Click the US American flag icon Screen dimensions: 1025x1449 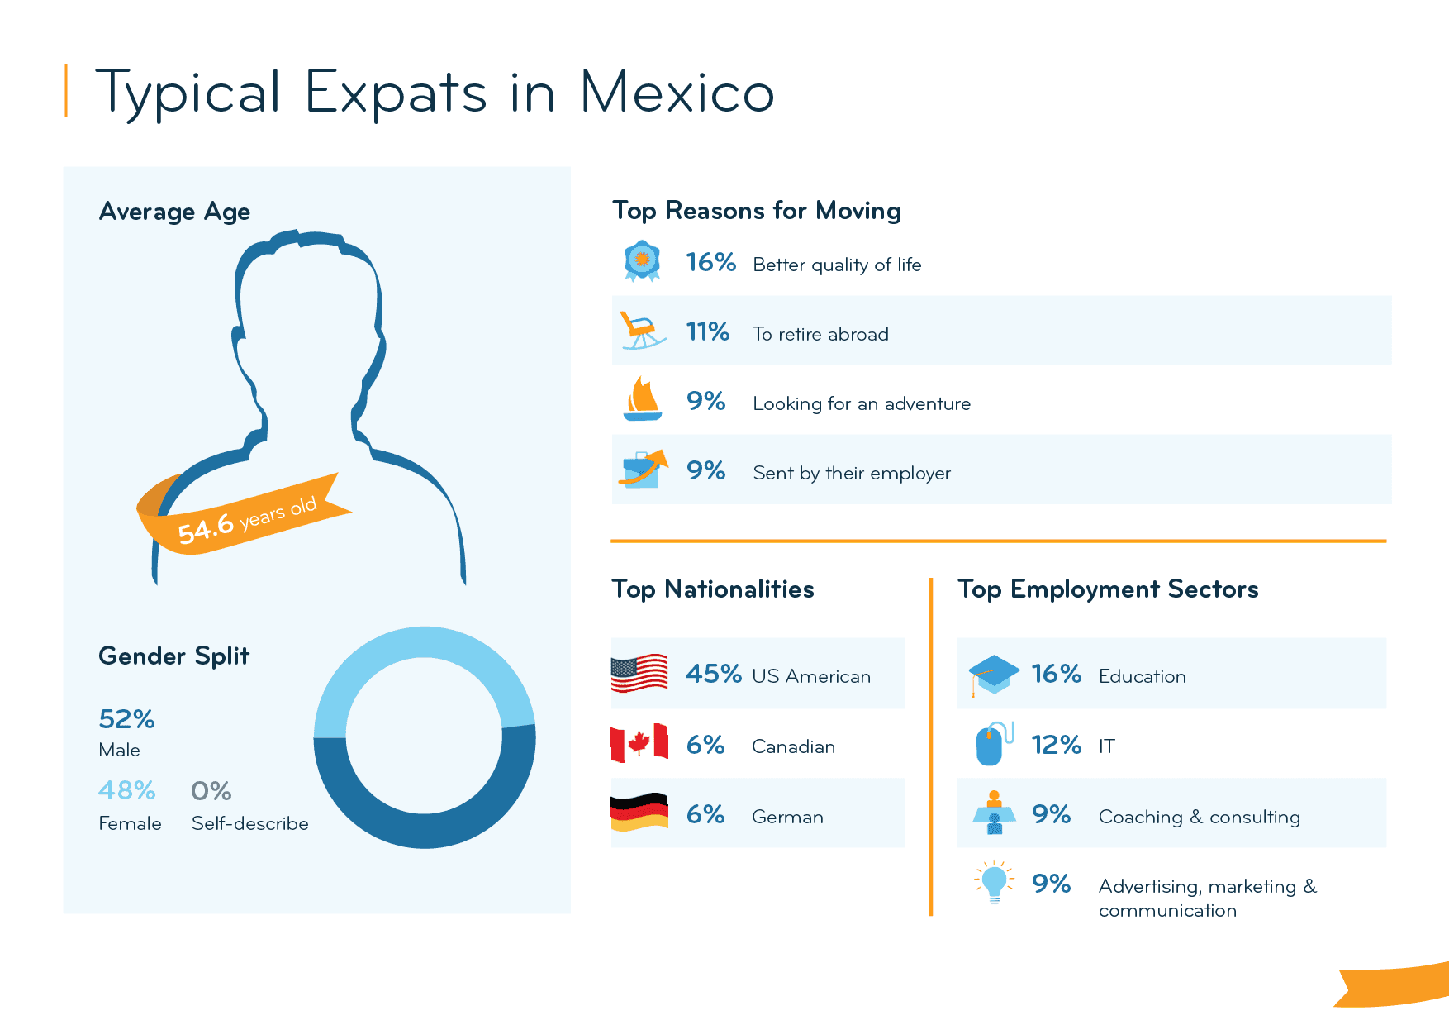click(x=639, y=673)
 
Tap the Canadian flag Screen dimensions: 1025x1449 click(x=639, y=743)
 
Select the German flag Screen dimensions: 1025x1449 click(x=639, y=813)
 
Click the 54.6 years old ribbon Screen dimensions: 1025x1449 click(x=248, y=517)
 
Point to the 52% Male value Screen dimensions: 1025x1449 click(x=126, y=719)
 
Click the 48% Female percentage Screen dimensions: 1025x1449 click(x=126, y=791)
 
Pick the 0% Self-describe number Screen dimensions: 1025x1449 click(x=211, y=791)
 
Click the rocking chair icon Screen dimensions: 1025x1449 click(x=642, y=331)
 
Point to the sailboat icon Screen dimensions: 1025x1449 click(x=642, y=400)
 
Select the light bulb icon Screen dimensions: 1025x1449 click(x=994, y=883)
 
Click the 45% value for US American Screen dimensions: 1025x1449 click(x=713, y=674)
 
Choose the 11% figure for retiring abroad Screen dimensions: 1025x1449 click(x=707, y=332)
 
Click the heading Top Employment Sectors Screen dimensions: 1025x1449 click(x=1108, y=589)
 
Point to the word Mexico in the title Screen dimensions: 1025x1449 click(x=677, y=93)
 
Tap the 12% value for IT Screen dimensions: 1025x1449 click(x=1056, y=745)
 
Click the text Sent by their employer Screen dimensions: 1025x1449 click(x=852, y=473)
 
